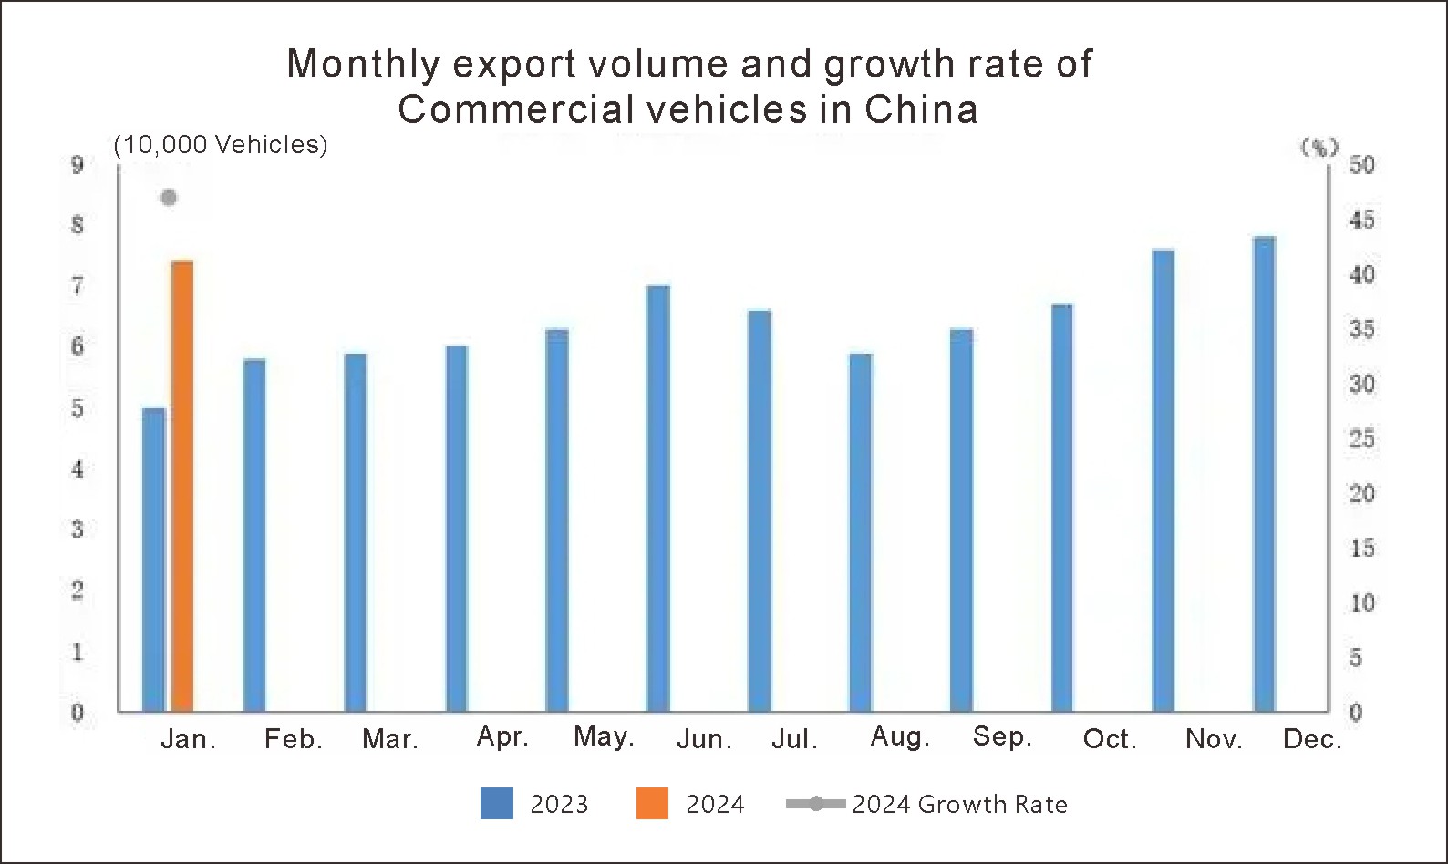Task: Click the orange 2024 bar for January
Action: [x=182, y=486]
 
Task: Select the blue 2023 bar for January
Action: [x=154, y=560]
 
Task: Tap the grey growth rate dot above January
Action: [x=169, y=198]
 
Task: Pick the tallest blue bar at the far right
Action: [x=1264, y=474]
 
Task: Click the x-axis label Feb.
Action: [x=294, y=739]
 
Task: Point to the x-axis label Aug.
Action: [x=900, y=736]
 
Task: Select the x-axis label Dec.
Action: [x=1312, y=739]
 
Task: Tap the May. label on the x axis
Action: [x=604, y=736]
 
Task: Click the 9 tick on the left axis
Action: [x=78, y=165]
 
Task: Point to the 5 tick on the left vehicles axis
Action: [x=78, y=409]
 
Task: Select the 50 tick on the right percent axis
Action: [x=1361, y=165]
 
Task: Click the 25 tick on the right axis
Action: [x=1361, y=439]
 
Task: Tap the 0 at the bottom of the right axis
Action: [x=1355, y=713]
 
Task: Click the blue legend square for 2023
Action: [x=497, y=804]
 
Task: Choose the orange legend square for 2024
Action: [x=652, y=804]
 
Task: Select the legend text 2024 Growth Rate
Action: [x=959, y=804]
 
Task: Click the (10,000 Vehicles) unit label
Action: [x=220, y=145]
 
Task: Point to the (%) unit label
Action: [x=1319, y=147]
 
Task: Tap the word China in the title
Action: [x=921, y=109]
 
